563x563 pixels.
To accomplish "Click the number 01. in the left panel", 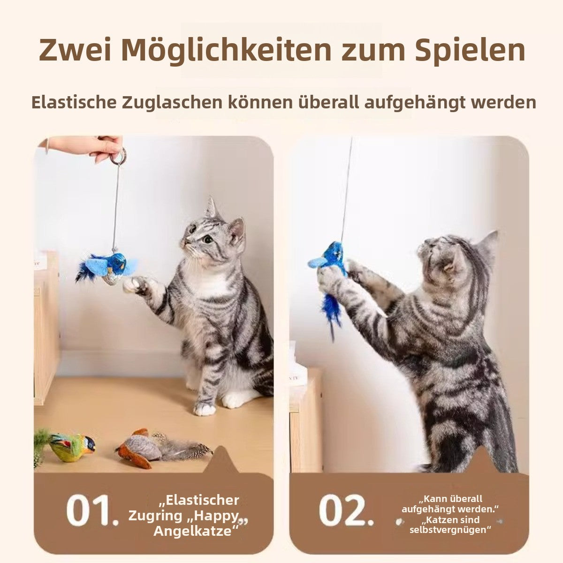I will click(92, 510).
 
